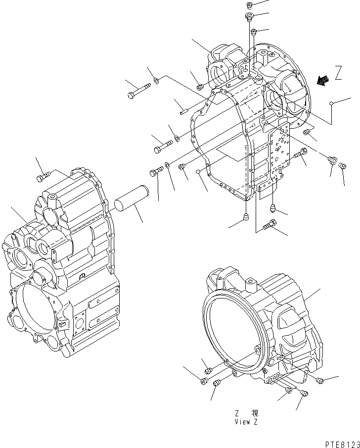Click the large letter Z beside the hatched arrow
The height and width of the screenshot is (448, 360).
[x=338, y=74]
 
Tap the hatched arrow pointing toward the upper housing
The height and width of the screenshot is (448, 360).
[x=323, y=80]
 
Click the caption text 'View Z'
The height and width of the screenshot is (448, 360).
[x=245, y=422]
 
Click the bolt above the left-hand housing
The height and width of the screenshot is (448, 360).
[x=44, y=177]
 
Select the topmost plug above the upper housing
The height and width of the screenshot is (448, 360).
[x=249, y=5]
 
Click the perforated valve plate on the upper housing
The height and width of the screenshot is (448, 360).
[x=278, y=151]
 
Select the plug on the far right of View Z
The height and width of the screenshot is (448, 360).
[x=320, y=380]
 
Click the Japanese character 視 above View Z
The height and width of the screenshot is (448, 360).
[x=254, y=413]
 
